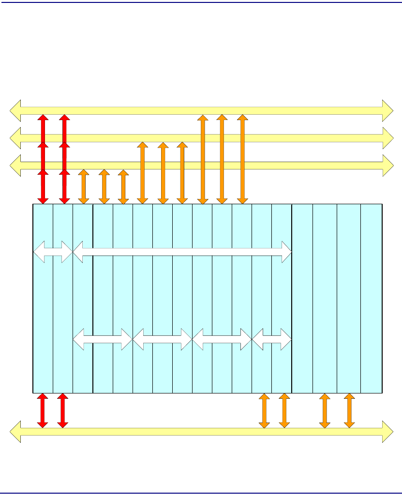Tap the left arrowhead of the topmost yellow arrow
click(x=15, y=110)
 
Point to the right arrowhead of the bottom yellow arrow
click(x=387, y=431)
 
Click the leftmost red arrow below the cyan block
click(x=43, y=410)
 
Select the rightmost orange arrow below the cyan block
click(x=349, y=410)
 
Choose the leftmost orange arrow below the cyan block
click(x=264, y=410)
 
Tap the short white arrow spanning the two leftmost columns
click(x=53, y=252)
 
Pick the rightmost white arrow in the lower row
click(x=272, y=339)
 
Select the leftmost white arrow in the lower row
click(x=103, y=339)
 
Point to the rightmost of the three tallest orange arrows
click(x=242, y=159)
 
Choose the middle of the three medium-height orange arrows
click(x=163, y=173)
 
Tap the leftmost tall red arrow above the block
click(x=44, y=159)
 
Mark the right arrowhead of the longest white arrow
click(x=285, y=252)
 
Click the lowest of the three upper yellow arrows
click(x=290, y=166)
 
